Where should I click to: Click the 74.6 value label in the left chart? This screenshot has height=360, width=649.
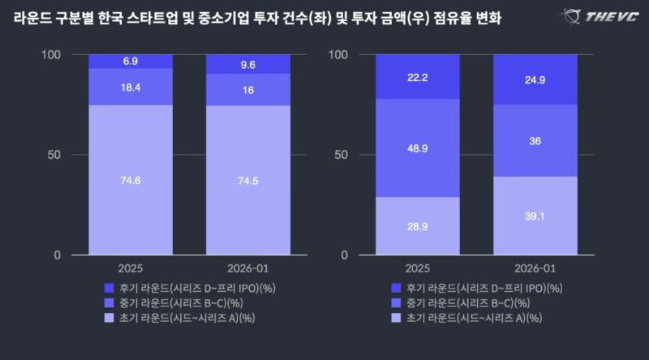tap(131, 180)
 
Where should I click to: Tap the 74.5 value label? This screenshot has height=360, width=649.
tap(248, 181)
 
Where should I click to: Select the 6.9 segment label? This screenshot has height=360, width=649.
tap(131, 62)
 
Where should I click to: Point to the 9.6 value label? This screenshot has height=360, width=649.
tap(248, 64)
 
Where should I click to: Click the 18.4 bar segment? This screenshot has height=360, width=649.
tap(131, 86)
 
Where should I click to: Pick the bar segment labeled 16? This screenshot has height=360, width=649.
tap(248, 89)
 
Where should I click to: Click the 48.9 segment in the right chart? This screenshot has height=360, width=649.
tap(417, 148)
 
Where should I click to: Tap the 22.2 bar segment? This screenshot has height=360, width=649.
tap(417, 76)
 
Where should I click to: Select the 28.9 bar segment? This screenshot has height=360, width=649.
tap(417, 225)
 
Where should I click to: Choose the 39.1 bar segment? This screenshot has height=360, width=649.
tap(535, 216)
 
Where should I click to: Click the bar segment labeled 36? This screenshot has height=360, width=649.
tap(535, 140)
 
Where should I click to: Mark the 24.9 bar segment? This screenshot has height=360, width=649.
tap(535, 79)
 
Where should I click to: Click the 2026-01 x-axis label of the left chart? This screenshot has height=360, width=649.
tap(248, 268)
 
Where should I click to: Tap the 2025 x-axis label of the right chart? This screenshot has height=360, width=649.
tap(417, 268)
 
